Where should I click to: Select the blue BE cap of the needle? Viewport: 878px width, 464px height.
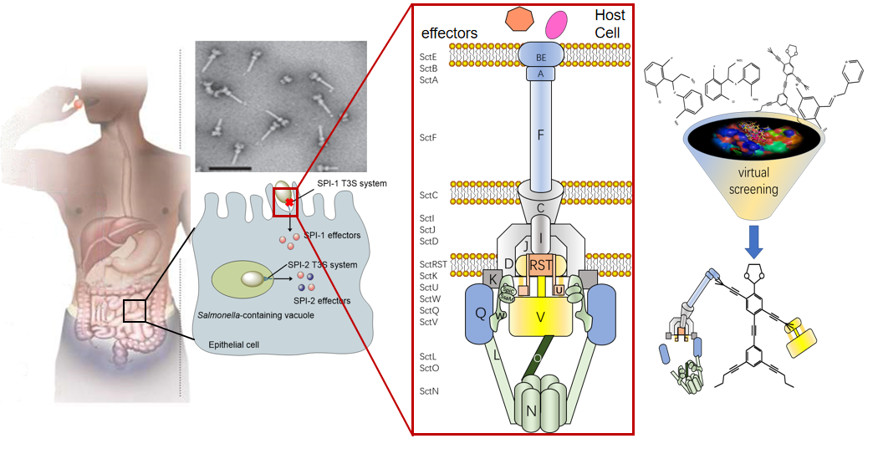tap(544, 55)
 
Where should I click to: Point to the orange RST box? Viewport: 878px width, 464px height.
tap(541, 265)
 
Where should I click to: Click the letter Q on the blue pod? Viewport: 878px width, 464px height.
tap(480, 312)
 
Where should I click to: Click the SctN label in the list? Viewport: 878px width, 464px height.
tap(429, 390)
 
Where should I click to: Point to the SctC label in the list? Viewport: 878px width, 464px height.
tap(429, 195)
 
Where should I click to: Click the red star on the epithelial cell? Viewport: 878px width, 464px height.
tap(289, 203)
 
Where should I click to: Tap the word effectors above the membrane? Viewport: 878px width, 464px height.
tap(449, 32)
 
